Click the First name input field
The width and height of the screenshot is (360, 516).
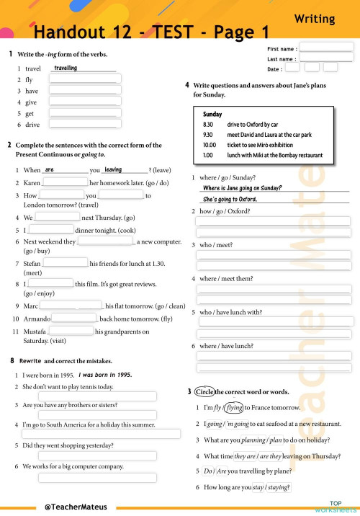tap(326, 48)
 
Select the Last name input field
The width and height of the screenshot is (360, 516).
tap(326, 58)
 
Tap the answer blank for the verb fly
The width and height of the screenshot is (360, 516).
tap(84, 80)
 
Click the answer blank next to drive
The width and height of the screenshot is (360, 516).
tap(84, 125)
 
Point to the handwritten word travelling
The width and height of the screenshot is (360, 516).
tap(66, 68)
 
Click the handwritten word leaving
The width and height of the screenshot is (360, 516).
tap(113, 170)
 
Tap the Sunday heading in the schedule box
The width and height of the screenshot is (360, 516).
tap(212, 114)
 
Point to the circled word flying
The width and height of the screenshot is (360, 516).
tap(234, 408)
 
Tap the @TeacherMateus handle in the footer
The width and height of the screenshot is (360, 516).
tap(76, 507)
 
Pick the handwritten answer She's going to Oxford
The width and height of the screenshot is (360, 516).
tap(230, 199)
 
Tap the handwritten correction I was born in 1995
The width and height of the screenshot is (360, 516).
tap(105, 375)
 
